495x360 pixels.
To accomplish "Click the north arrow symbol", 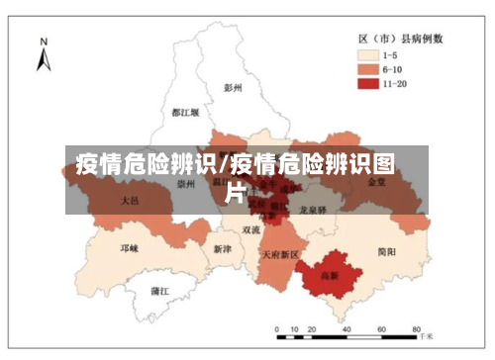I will tap(43, 60).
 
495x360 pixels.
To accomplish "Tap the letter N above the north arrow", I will tap(43, 41).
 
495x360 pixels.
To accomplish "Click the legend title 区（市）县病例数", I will tap(400, 38).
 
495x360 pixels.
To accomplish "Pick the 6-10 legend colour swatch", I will tap(370, 69).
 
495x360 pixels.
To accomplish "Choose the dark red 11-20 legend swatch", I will tap(370, 84).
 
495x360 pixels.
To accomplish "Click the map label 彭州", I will tap(233, 88).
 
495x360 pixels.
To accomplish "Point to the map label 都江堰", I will tap(184, 113).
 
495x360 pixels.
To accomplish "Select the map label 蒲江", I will tap(158, 291).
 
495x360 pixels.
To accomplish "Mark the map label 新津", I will tap(222, 249).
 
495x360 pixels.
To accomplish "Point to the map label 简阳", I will tap(386, 252).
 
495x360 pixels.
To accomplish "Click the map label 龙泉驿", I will tap(313, 211).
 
